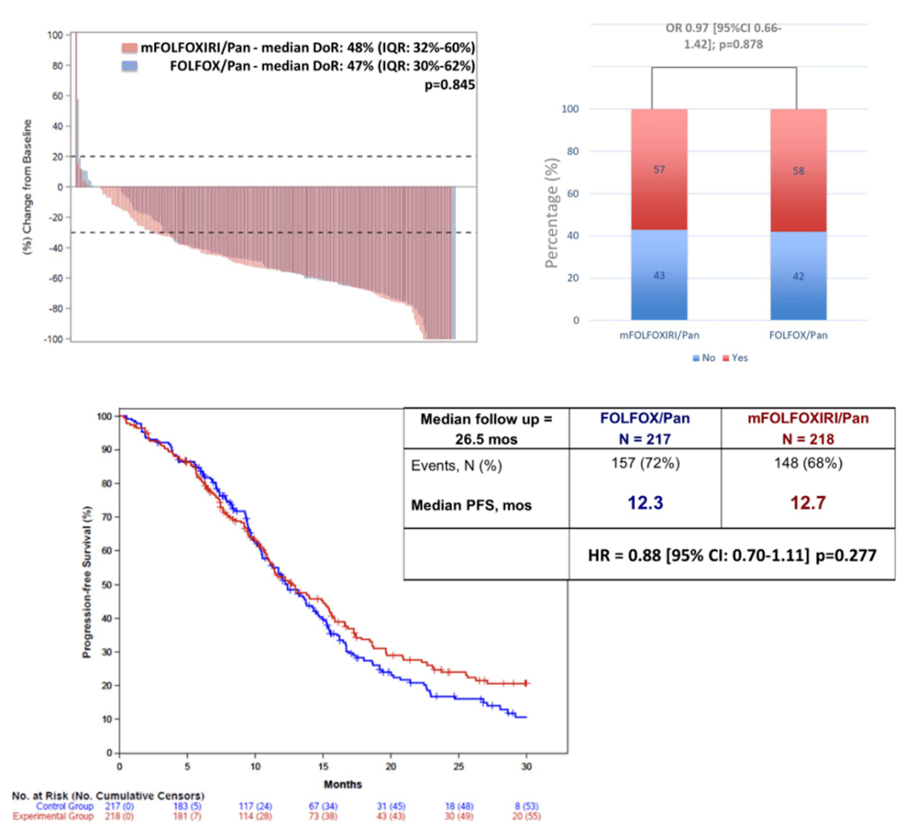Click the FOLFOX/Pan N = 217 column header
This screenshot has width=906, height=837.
[x=644, y=426]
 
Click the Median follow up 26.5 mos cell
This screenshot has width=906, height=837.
[x=486, y=426]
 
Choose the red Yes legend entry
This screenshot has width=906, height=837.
[x=734, y=358]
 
